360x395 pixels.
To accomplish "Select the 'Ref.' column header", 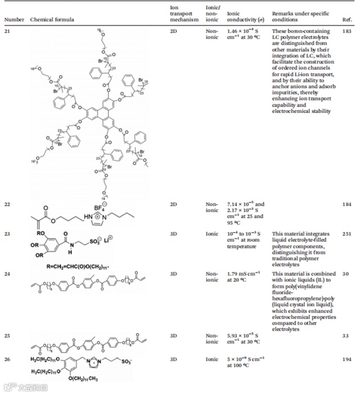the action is pos(347,20).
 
